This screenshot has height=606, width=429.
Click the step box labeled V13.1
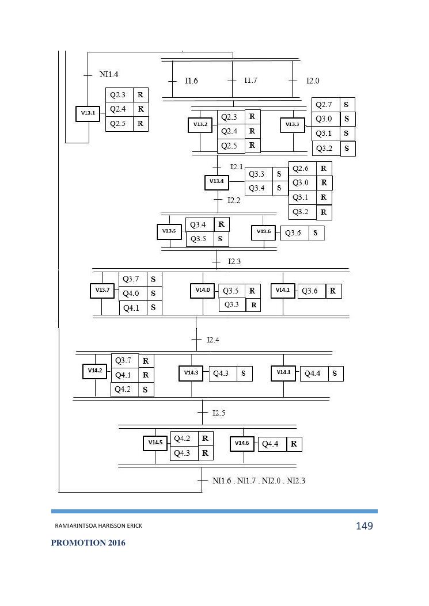point(88,113)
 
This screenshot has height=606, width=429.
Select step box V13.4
point(217,182)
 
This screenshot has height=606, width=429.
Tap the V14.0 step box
point(203,291)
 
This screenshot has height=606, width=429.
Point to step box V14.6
point(242,444)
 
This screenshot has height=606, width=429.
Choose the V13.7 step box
point(102,291)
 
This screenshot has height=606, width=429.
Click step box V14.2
point(95,371)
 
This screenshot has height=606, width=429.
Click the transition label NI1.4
point(109,74)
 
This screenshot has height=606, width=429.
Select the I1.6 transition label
point(191,81)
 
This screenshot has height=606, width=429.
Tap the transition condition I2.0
point(313,81)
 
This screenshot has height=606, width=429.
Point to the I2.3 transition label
point(234,262)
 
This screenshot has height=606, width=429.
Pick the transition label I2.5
point(219,413)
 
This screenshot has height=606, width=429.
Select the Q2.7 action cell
point(325,105)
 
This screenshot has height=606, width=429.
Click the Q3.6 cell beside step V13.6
point(294,233)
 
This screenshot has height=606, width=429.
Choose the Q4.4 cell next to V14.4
point(313,373)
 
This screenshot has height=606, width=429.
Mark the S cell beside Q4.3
point(244,373)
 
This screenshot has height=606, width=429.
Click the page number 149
point(365,526)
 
